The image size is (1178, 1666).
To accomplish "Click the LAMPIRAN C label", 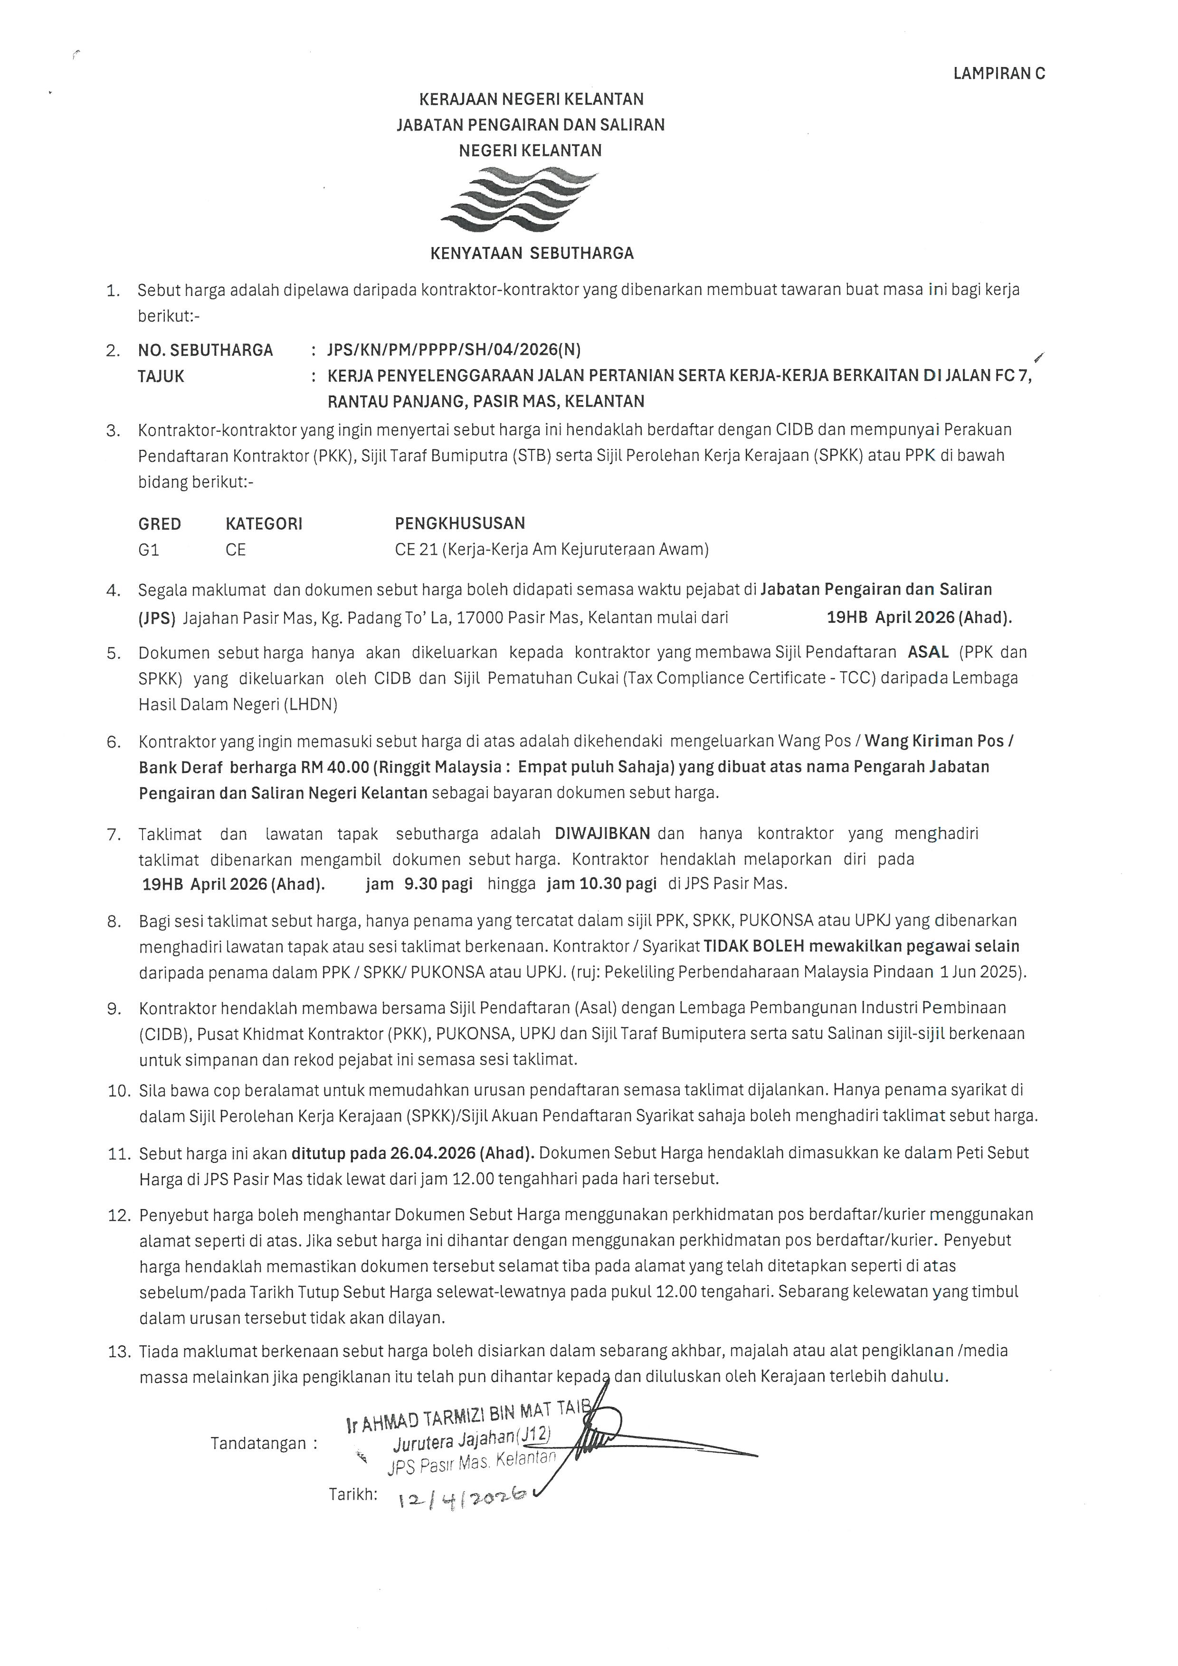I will coord(999,73).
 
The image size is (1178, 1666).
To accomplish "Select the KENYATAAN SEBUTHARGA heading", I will coord(532,253).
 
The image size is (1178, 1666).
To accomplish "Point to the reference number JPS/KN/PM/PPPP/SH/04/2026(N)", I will coord(454,350).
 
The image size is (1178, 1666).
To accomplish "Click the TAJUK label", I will coord(161,376).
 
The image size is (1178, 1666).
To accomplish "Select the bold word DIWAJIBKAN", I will coord(602,833).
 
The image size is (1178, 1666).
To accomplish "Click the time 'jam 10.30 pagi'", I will coord(601,883).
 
